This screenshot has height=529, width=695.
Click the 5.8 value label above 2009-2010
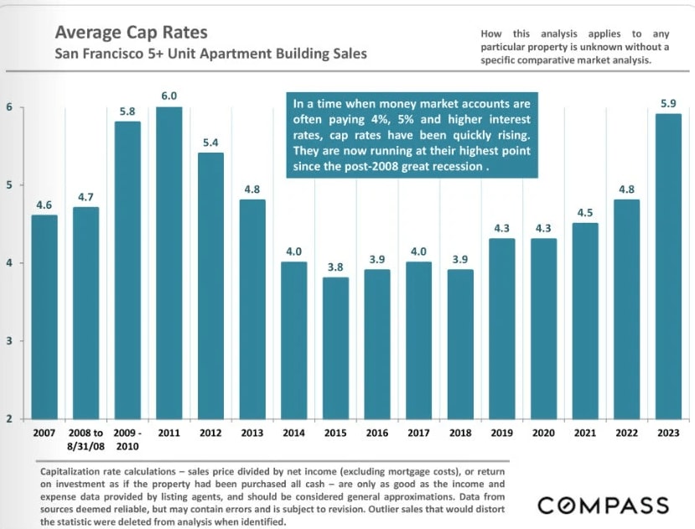[x=127, y=111]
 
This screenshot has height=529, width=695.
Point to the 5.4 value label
[x=211, y=143]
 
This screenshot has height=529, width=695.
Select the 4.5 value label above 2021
[x=583, y=212]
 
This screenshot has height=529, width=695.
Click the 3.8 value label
[x=335, y=267]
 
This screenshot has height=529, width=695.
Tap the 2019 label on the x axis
[x=501, y=433]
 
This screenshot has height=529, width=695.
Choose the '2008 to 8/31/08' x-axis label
[x=86, y=439]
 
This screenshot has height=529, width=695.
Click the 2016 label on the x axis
[x=376, y=433]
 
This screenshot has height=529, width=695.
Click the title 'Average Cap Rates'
[x=131, y=34]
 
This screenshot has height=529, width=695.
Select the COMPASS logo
[x=603, y=505]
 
